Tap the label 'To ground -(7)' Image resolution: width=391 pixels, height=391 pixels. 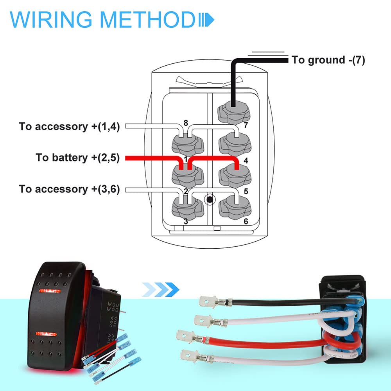(328, 60)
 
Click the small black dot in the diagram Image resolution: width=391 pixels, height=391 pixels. (210, 200)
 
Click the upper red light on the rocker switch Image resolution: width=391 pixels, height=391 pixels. (49, 291)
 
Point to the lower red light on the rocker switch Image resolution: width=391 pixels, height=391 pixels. (46, 334)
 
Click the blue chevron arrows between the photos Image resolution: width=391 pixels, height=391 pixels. (161, 289)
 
